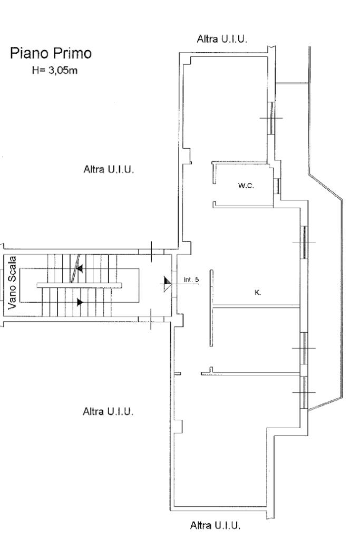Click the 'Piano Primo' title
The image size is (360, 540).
(50, 54)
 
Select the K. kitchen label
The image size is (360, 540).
(258, 292)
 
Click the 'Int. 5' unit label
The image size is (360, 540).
(191, 279)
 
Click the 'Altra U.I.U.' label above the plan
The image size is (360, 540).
(222, 39)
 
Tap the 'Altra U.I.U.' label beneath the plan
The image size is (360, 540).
(216, 525)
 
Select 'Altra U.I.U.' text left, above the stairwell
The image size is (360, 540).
(109, 170)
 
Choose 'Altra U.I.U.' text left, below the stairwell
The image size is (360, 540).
(108, 411)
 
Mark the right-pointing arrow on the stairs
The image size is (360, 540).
(80, 302)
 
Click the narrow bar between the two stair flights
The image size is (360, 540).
(79, 285)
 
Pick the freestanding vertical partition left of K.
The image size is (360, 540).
(211, 308)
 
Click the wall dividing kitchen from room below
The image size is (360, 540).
(257, 307)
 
